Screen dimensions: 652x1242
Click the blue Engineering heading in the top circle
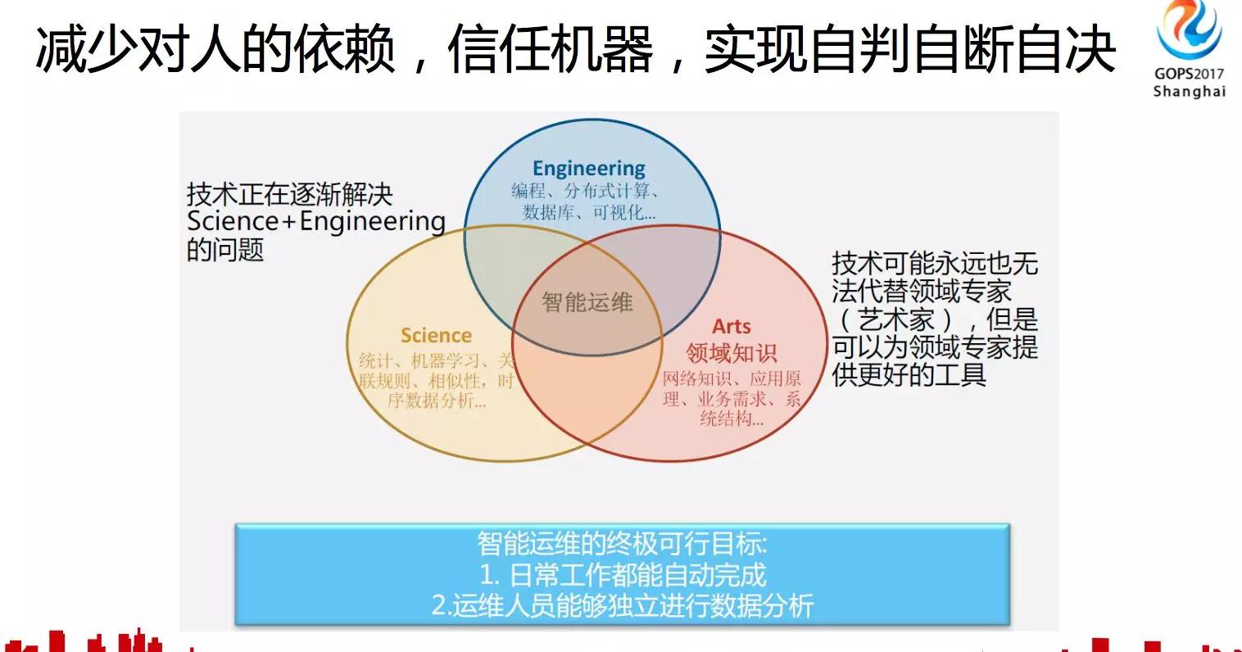tap(588, 169)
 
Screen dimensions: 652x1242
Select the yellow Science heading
tap(436, 335)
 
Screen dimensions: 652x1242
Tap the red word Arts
tap(731, 326)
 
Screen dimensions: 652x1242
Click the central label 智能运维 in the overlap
tap(587, 302)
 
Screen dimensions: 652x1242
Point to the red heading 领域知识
tap(731, 353)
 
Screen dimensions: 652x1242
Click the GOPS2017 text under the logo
tap(1189, 73)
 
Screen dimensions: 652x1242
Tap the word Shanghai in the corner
tap(1189, 91)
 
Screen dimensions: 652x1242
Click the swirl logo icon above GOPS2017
tap(1189, 31)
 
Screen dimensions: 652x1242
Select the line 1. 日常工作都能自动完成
tap(623, 574)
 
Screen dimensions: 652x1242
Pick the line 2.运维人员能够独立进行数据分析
tap(623, 605)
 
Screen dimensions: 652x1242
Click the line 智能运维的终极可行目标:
tap(623, 543)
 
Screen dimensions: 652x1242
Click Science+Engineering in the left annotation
tap(316, 221)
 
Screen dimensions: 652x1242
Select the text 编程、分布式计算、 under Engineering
tap(587, 192)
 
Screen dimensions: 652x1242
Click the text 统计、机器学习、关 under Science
tap(436, 360)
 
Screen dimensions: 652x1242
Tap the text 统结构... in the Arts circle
tap(731, 419)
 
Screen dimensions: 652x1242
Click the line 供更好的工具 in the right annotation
tap(909, 374)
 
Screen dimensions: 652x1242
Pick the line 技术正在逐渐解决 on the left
tap(290, 194)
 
